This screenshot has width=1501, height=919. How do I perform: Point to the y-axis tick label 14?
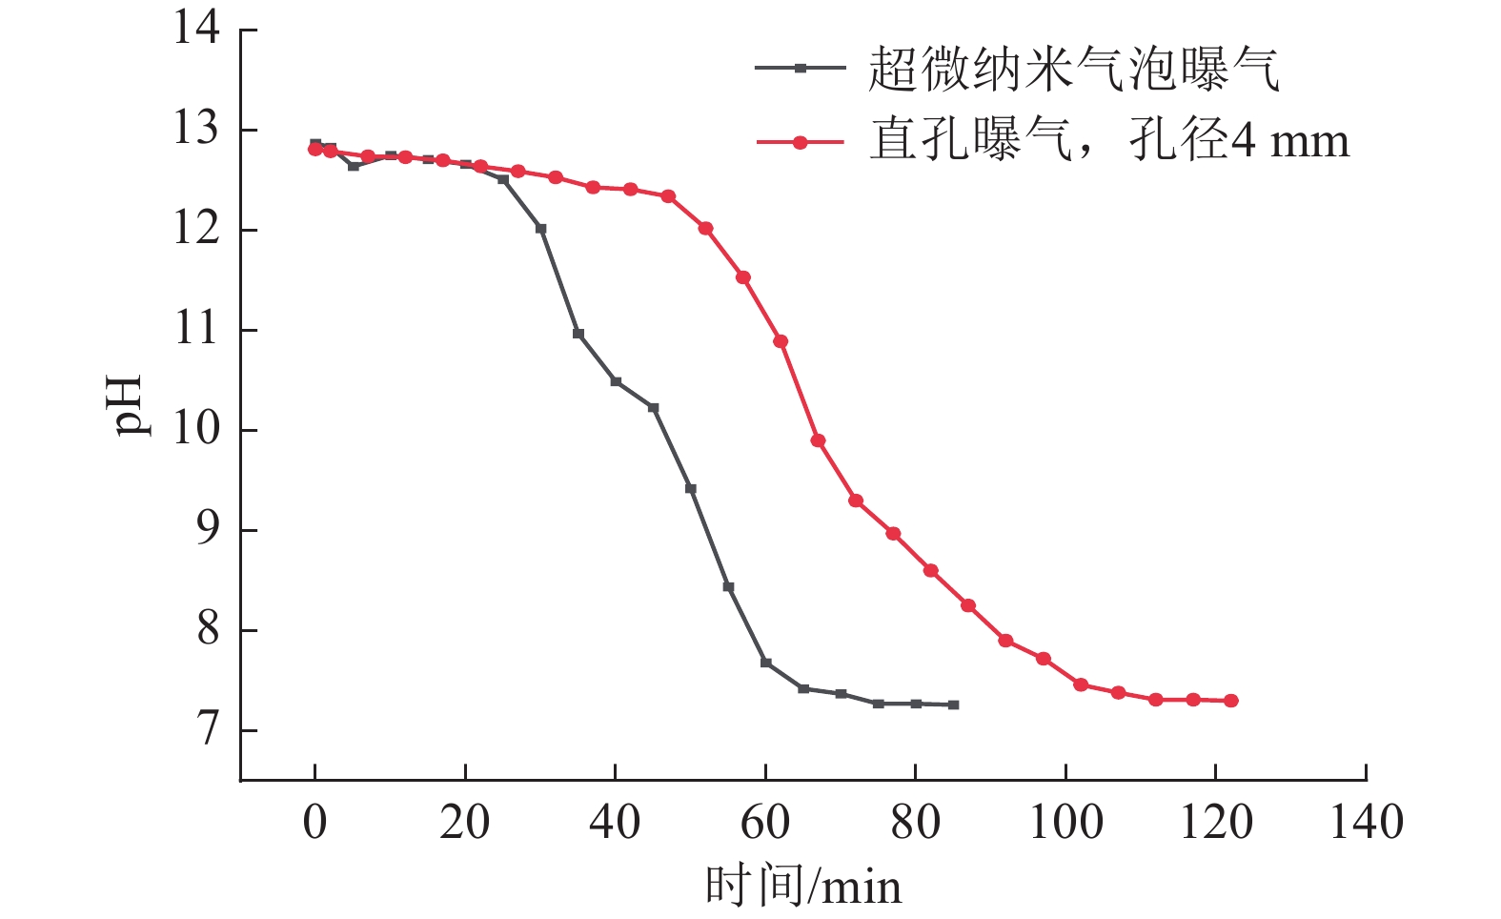point(196,29)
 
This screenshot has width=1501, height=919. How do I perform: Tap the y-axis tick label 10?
point(196,430)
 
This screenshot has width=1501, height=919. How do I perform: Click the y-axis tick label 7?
point(209,730)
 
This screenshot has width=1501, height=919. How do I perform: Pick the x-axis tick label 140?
point(1366,822)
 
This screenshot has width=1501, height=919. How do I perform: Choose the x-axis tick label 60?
point(765,822)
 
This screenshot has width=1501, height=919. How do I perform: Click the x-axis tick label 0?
point(315,822)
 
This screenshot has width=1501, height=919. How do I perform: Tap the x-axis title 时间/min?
point(802,887)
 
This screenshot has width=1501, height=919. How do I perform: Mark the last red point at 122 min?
point(1230,701)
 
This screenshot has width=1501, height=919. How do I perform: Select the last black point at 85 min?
point(953,705)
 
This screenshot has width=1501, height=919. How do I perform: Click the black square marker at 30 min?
point(540,229)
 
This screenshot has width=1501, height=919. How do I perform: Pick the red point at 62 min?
point(781,341)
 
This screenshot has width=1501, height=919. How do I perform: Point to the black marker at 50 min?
point(691,489)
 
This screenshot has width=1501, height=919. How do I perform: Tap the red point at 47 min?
point(668,196)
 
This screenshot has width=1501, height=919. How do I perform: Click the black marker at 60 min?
point(765,663)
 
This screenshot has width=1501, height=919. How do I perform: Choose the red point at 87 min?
point(968,605)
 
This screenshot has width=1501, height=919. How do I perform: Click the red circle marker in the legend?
point(801,142)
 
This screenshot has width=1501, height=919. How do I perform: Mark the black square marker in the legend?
point(801,68)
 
